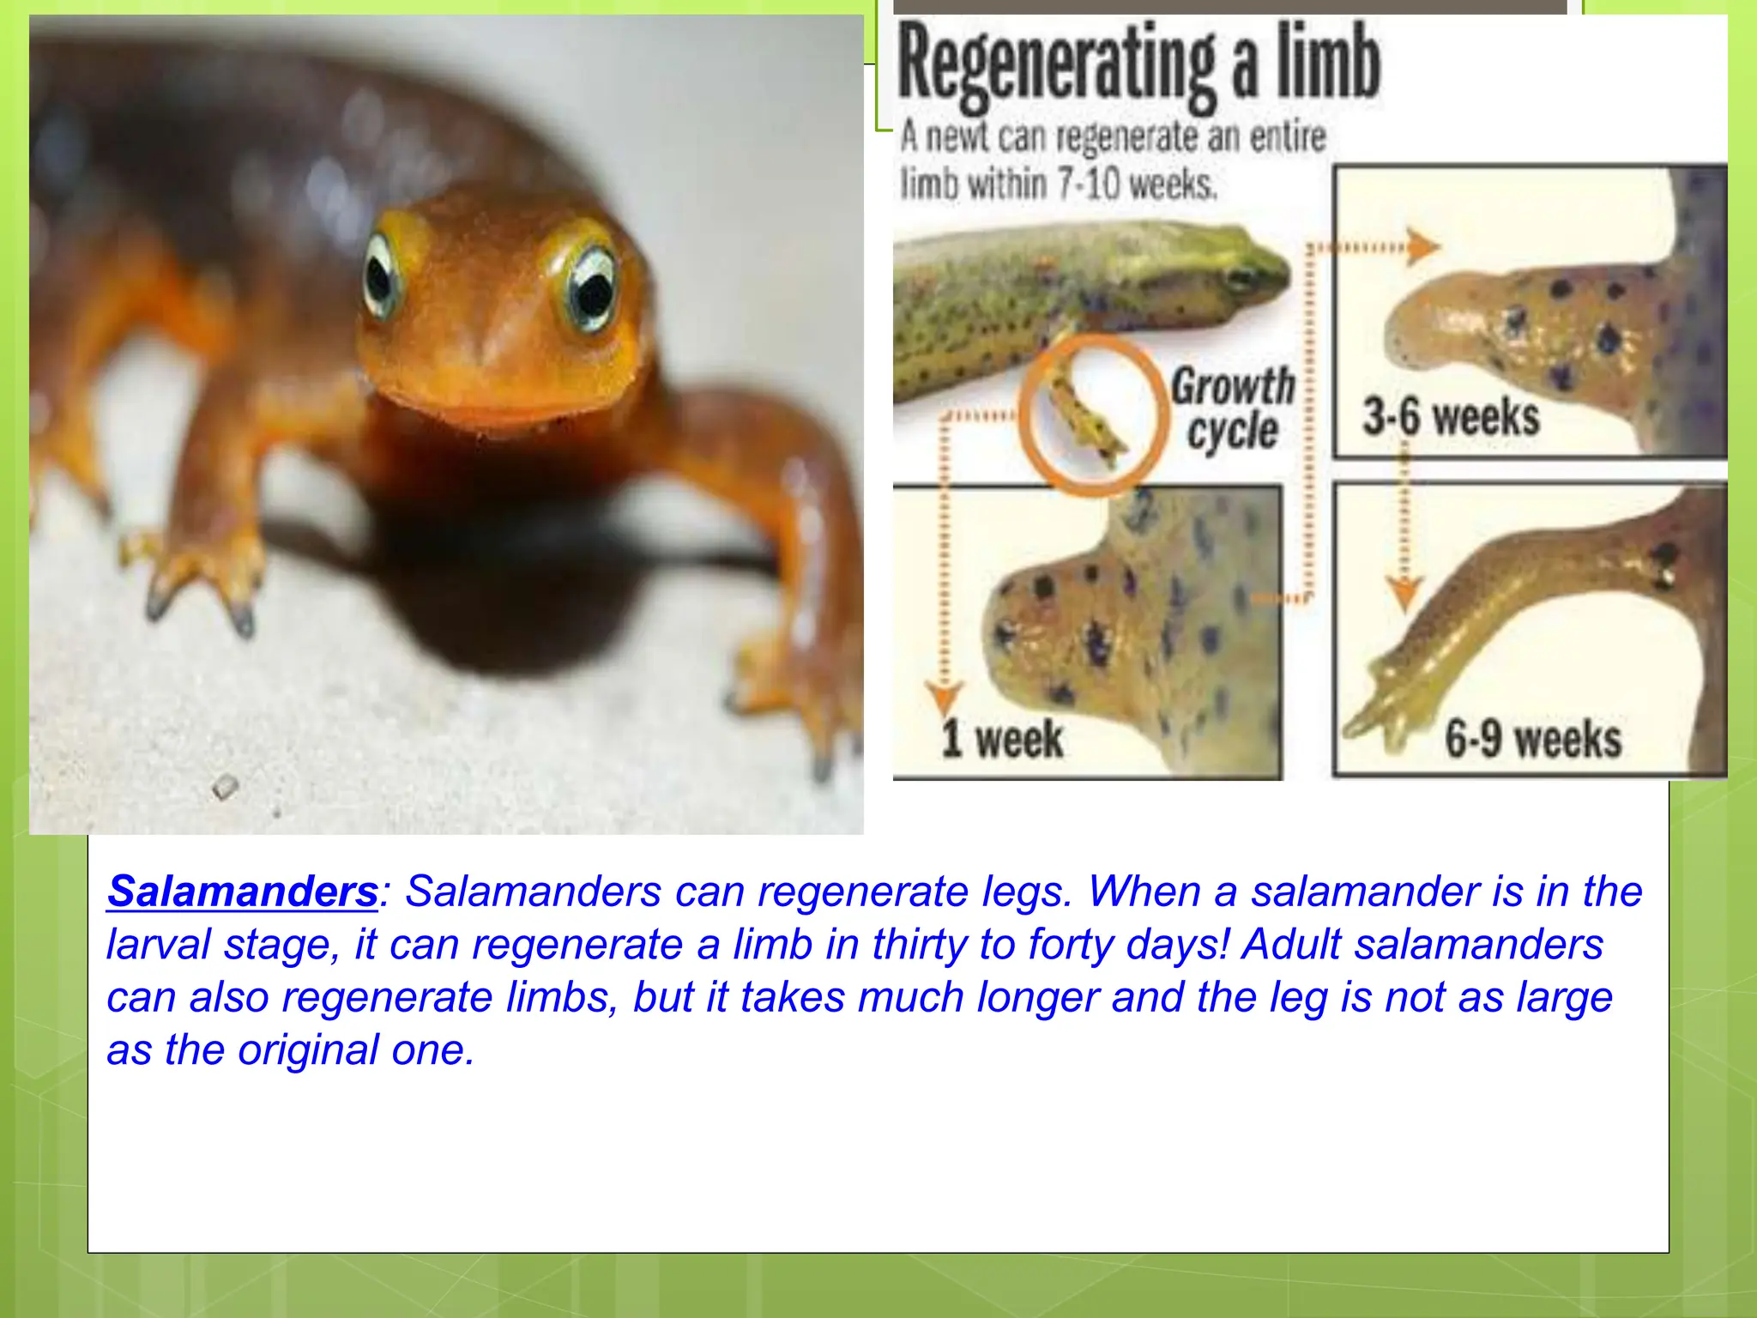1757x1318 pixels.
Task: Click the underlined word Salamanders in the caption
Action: [x=243, y=892]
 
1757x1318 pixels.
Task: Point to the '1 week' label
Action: [x=1002, y=739]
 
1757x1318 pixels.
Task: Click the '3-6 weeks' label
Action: [x=1451, y=417]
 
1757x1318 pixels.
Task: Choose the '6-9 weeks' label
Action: [x=1533, y=739]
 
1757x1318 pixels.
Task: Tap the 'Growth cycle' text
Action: [x=1233, y=408]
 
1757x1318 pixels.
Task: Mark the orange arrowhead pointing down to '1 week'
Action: [x=945, y=696]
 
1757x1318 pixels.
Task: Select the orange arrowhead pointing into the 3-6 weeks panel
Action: [x=1424, y=247]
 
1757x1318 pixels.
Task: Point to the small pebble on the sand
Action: [x=225, y=785]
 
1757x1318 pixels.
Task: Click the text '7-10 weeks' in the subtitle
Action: [x=1138, y=184]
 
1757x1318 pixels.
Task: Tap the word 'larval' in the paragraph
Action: [x=158, y=945]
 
